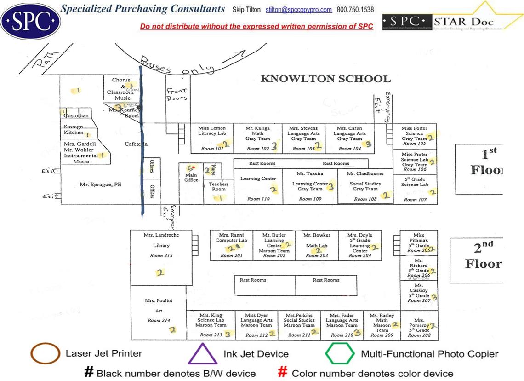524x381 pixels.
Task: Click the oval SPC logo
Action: click(x=30, y=20)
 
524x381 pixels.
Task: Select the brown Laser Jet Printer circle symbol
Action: click(x=45, y=354)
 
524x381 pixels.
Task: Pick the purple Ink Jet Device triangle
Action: click(x=203, y=355)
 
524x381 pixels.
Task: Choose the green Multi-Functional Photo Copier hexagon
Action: click(x=340, y=354)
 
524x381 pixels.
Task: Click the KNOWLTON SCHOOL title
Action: click(x=325, y=79)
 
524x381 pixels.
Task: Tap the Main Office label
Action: click(x=191, y=177)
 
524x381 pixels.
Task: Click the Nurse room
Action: click(x=213, y=170)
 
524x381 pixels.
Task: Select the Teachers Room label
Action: click(x=218, y=186)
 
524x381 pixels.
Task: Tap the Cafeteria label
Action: click(x=136, y=144)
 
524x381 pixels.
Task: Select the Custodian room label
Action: click(x=77, y=115)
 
